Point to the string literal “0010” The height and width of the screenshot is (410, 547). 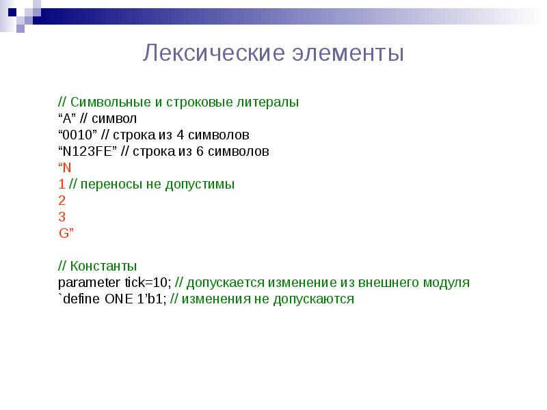[x=77, y=135]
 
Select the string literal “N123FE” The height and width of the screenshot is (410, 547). [x=88, y=151]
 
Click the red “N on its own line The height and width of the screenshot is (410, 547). [x=65, y=167]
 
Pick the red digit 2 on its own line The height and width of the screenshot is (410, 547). [x=62, y=200]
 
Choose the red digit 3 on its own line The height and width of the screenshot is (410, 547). [x=62, y=217]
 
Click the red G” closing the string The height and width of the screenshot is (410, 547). [x=66, y=233]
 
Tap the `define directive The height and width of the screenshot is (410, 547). [x=80, y=299]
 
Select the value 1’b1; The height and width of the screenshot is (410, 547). [x=148, y=299]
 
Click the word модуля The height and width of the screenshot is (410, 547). [x=448, y=282]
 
